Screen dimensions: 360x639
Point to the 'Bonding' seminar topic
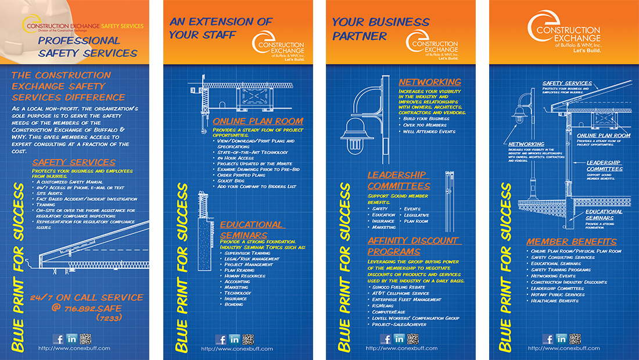point(234,304)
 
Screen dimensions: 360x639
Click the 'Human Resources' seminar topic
point(245,276)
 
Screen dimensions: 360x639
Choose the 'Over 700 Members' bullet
point(425,125)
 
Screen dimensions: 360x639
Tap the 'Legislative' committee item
point(417,215)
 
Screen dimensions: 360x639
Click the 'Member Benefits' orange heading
point(572,242)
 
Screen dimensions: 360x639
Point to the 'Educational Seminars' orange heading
point(252,228)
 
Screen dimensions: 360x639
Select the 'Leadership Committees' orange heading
point(399,181)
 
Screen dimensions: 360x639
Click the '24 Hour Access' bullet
point(236,158)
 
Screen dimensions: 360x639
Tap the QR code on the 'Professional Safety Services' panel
point(87,339)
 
